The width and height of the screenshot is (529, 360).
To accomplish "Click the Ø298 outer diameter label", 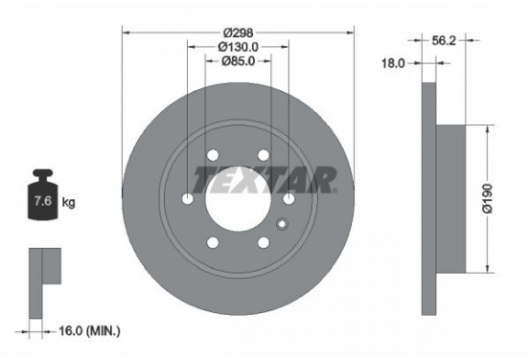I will click(x=239, y=30).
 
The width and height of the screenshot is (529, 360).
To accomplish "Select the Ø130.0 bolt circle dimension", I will click(x=239, y=47).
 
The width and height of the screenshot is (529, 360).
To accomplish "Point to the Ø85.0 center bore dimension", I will click(x=239, y=63).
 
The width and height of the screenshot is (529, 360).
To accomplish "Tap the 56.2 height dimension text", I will click(x=444, y=41).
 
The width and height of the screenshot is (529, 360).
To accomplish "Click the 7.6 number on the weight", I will click(x=43, y=203).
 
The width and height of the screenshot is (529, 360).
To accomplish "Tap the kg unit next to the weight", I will click(x=68, y=203).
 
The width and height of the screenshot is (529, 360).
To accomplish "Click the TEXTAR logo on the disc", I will click(x=264, y=178).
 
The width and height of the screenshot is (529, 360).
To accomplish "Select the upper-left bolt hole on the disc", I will click(x=212, y=156).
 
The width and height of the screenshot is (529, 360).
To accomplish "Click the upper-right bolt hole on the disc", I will click(x=262, y=156).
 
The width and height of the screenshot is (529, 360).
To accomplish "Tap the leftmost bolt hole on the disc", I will click(x=187, y=198).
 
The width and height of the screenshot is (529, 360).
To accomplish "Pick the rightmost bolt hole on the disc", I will click(x=287, y=198).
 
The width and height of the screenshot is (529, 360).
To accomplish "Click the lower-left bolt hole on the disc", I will click(x=212, y=241).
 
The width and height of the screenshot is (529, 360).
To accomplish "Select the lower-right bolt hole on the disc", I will click(x=263, y=241).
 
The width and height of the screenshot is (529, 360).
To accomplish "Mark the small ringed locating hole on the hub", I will click(x=282, y=224).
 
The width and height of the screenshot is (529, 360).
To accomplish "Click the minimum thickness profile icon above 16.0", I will click(x=43, y=274).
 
